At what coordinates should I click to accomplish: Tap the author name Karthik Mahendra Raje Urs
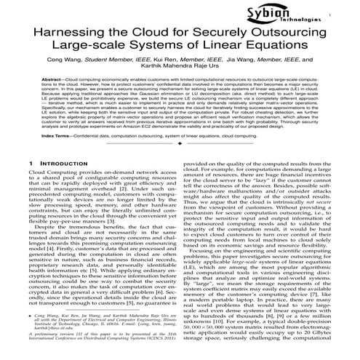coord(180,84)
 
